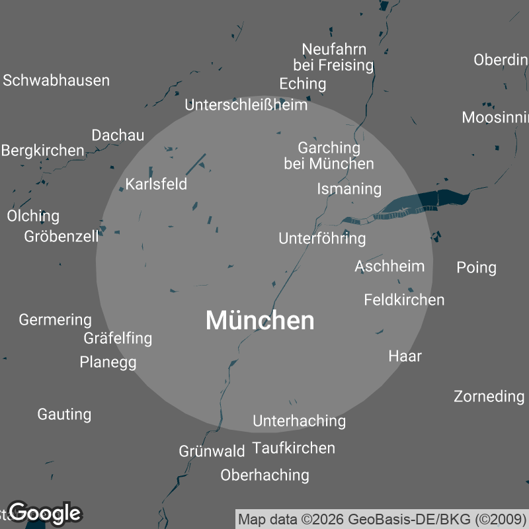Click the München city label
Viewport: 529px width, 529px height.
pyautogui.click(x=260, y=321)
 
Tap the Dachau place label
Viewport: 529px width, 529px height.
pyautogui.click(x=118, y=135)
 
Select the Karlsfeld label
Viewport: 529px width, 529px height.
pyautogui.click(x=157, y=184)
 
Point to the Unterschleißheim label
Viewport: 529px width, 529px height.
pyautogui.click(x=246, y=104)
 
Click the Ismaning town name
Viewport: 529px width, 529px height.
pyautogui.click(x=349, y=189)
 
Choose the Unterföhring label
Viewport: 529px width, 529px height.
pyautogui.click(x=322, y=238)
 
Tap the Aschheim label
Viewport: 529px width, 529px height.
pyautogui.click(x=389, y=266)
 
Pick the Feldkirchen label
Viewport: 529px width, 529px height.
pyautogui.click(x=404, y=300)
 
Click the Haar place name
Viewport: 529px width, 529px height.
pyautogui.click(x=405, y=356)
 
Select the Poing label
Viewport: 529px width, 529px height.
pyautogui.click(x=476, y=267)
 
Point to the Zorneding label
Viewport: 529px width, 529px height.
pyautogui.click(x=489, y=396)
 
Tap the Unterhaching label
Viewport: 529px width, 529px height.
pyautogui.click(x=299, y=421)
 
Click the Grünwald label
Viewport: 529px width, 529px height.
pyautogui.click(x=212, y=452)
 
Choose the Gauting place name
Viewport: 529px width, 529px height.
pyautogui.click(x=64, y=415)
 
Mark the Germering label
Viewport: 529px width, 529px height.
pyautogui.click(x=55, y=320)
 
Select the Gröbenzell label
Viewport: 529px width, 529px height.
pyautogui.click(x=61, y=236)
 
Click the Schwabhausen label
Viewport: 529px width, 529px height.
pyautogui.click(x=56, y=81)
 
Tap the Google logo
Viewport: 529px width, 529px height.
pyautogui.click(x=45, y=512)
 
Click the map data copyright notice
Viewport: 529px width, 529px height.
pyautogui.click(x=382, y=519)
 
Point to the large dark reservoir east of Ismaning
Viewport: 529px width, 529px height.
pyautogui.click(x=423, y=200)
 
